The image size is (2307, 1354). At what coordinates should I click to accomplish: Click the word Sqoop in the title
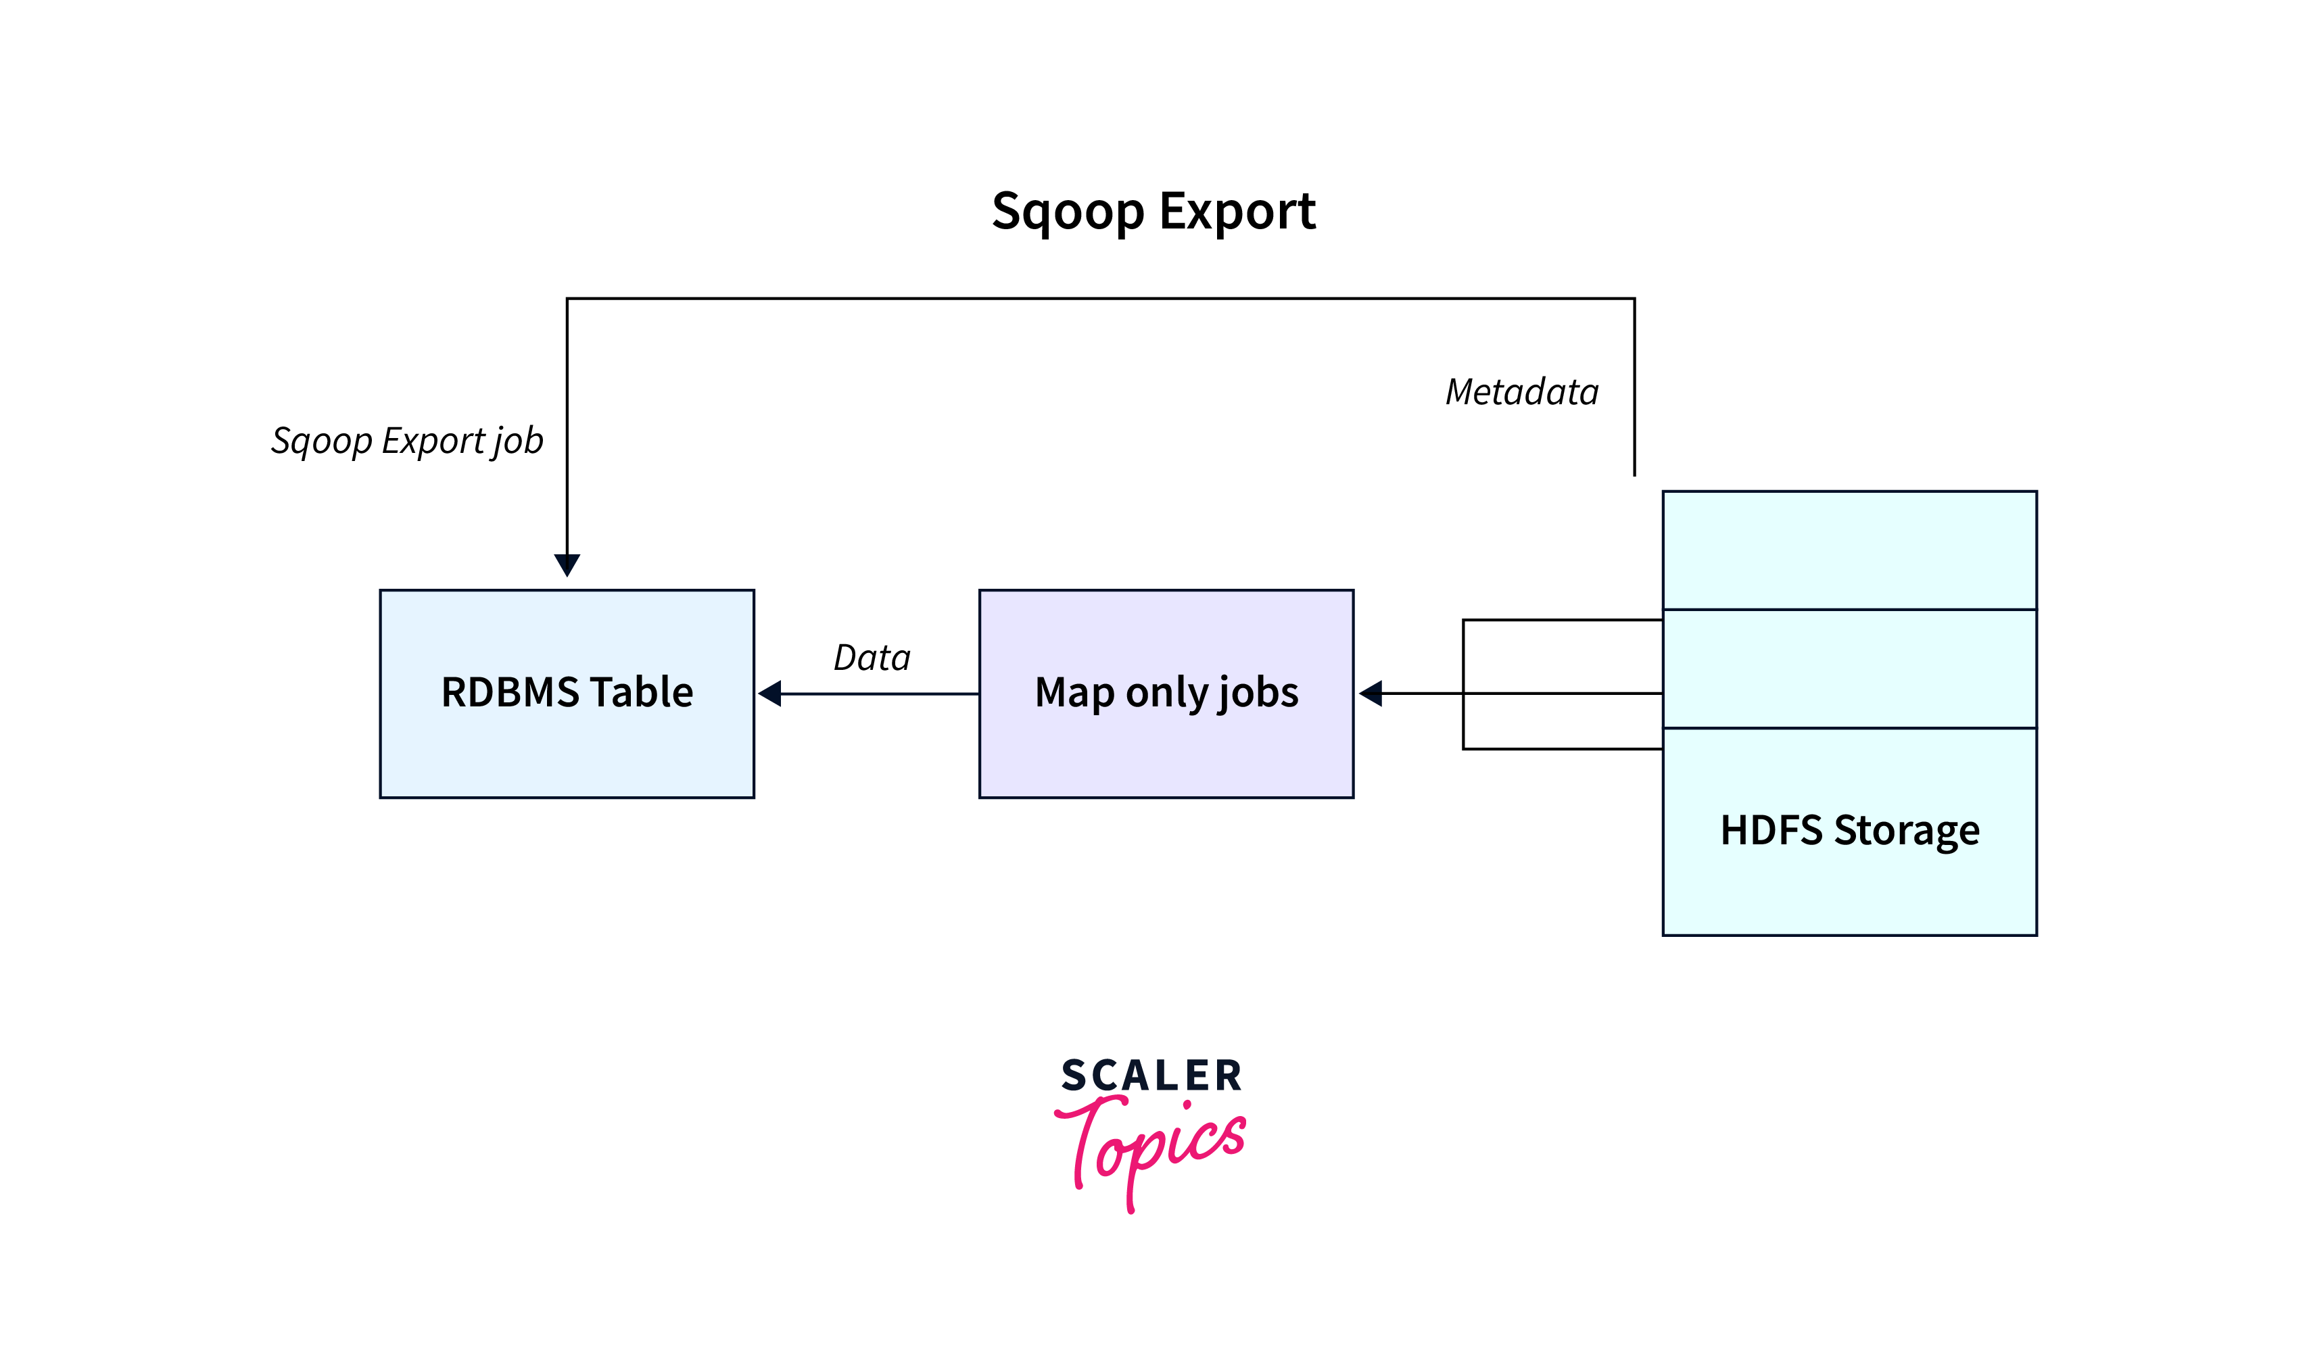(1068, 212)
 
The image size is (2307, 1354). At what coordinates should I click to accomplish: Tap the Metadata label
(1521, 392)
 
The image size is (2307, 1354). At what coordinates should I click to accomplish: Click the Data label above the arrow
(872, 657)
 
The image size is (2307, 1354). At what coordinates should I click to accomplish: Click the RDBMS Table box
(567, 751)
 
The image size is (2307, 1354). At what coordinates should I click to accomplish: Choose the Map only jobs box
(1166, 751)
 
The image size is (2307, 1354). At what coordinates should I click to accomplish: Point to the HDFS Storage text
(1849, 830)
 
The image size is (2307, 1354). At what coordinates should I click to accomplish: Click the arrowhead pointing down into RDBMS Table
(567, 564)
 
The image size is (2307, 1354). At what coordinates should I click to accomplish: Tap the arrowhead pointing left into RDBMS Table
(771, 694)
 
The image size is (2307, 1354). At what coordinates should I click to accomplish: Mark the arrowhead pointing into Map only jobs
(1371, 694)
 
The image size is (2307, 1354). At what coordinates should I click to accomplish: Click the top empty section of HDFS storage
(1849, 550)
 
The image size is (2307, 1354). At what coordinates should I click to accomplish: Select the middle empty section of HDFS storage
(1849, 669)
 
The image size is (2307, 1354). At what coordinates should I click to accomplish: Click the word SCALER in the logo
(1151, 1075)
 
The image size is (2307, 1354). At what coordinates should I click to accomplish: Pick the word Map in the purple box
(1074, 692)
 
